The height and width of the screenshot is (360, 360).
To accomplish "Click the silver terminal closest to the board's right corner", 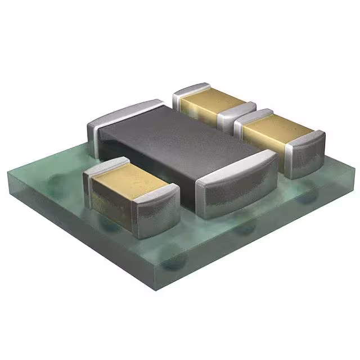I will [x=307, y=149].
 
